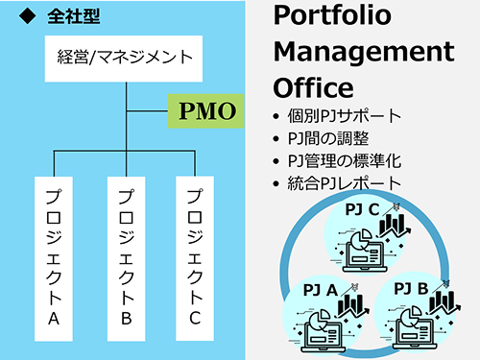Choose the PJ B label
coord(412,286)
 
